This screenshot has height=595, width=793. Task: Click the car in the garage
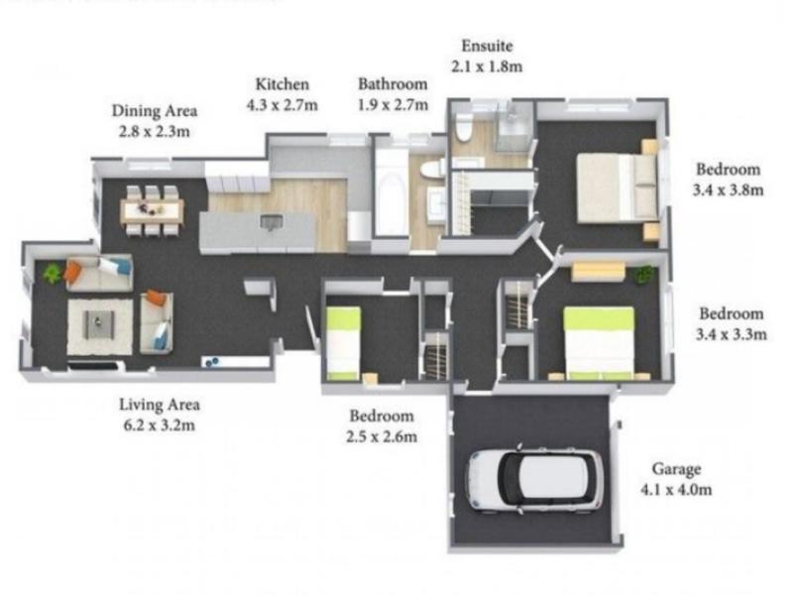pos(534,479)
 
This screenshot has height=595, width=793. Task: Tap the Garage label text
pos(676,469)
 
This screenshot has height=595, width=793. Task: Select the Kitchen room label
pos(282,84)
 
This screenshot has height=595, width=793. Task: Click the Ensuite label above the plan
pos(487,46)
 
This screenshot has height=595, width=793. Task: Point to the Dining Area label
pos(155,111)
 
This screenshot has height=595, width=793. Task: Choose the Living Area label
pos(160,405)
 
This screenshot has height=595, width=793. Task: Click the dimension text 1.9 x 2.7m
pos(393,105)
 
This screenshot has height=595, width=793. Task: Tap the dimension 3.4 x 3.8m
pos(728,190)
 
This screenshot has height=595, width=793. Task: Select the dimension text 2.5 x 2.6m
pos(382,436)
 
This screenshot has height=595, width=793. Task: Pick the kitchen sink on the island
pos(272,221)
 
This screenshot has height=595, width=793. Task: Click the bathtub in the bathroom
pos(391,192)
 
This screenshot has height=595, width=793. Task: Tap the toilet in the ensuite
pos(464,127)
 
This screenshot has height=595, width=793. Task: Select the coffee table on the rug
pos(99,324)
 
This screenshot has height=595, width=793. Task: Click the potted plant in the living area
pos(52,274)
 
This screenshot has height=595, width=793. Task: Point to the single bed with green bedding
pos(343,343)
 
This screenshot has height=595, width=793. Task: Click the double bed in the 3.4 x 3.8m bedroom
pos(617,187)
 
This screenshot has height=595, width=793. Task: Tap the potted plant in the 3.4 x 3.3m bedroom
pos(643,274)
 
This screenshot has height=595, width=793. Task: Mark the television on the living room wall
pos(95,365)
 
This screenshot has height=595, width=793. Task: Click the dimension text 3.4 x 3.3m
pos(731,334)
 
